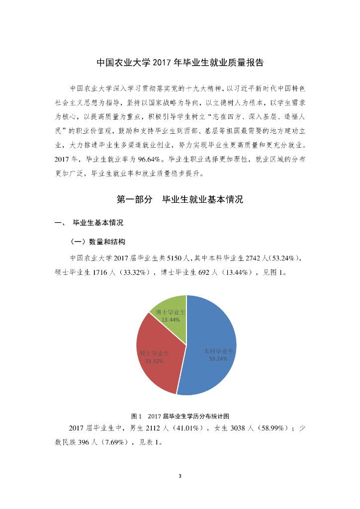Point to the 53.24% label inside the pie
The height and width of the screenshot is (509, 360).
pyautogui.click(x=218, y=358)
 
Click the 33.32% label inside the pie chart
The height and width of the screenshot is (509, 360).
pyautogui.click(x=154, y=361)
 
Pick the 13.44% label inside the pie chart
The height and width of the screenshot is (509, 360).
pyautogui.click(x=171, y=320)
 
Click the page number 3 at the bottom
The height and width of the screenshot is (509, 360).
pyautogui.click(x=180, y=476)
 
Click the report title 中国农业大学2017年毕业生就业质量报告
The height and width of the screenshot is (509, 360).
pyautogui.click(x=180, y=63)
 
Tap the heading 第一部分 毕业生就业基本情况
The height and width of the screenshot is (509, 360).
pyautogui.click(x=180, y=200)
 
